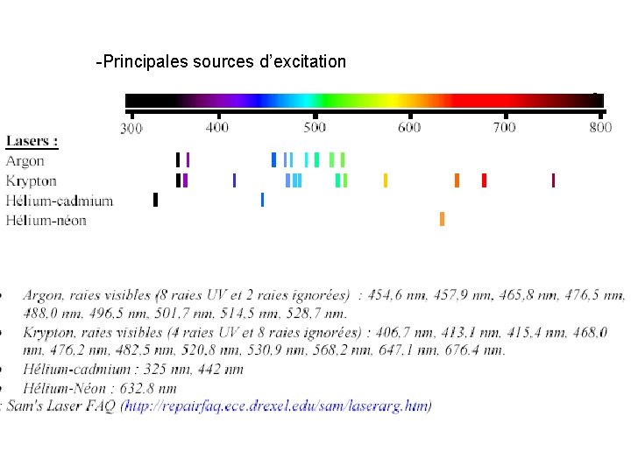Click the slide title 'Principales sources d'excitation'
click(x=222, y=62)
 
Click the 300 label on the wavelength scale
click(x=131, y=129)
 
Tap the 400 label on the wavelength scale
click(x=217, y=128)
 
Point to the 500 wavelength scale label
click(x=315, y=128)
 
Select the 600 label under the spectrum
click(x=409, y=128)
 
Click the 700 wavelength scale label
click(x=504, y=128)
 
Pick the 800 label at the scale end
click(x=600, y=128)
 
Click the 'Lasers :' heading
click(x=32, y=141)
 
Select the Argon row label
click(x=25, y=161)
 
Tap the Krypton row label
click(x=31, y=181)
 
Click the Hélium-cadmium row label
click(x=59, y=201)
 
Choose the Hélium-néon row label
click(x=46, y=220)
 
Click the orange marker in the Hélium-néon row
click(x=442, y=219)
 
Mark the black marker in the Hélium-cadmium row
click(x=155, y=200)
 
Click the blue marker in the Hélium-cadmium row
click(x=262, y=200)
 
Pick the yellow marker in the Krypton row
click(x=385, y=180)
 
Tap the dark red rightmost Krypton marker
click(x=553, y=180)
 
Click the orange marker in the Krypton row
click(x=457, y=180)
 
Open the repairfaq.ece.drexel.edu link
click(x=277, y=406)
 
